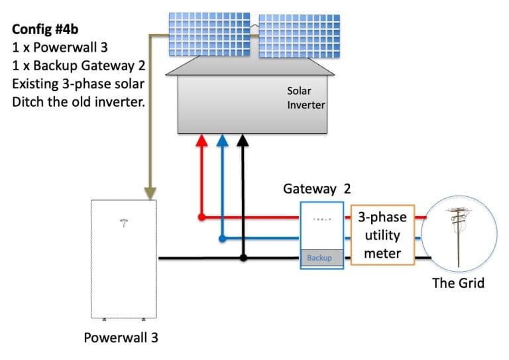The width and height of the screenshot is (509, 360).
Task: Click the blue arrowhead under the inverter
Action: pyautogui.click(x=222, y=141)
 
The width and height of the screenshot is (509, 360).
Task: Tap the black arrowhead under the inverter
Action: pyautogui.click(x=243, y=141)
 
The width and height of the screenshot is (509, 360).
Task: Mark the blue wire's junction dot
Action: pyautogui.click(x=222, y=237)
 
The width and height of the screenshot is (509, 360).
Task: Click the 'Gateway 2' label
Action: pyautogui.click(x=317, y=188)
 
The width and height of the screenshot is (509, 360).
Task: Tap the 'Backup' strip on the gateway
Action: pyautogui.click(x=321, y=258)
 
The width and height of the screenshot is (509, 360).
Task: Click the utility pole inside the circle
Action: pyautogui.click(x=457, y=235)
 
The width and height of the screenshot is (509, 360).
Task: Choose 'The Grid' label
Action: pyautogui.click(x=458, y=283)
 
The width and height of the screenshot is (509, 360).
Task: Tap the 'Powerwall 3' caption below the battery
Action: pyautogui.click(x=121, y=337)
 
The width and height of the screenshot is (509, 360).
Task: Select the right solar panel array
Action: pyautogui.click(x=294, y=35)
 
